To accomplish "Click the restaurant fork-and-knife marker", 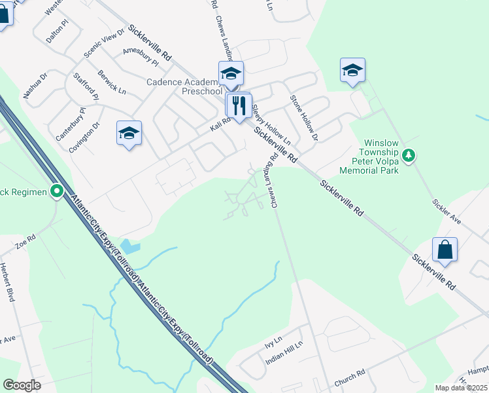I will (x=239, y=105).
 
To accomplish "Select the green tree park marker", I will (x=409, y=155).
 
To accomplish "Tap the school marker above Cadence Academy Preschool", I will (x=231, y=73).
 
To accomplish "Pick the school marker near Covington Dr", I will (x=129, y=133).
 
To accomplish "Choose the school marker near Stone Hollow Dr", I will (x=352, y=70).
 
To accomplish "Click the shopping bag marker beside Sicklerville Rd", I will (x=445, y=250).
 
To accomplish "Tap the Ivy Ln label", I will (x=273, y=341).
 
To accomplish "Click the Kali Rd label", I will (x=220, y=122).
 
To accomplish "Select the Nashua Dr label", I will (x=35, y=86).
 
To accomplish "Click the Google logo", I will (x=22, y=385).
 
